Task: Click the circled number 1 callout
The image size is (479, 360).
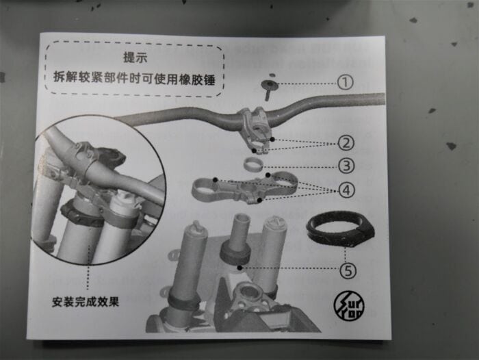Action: click(345, 83)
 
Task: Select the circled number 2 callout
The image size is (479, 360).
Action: click(346, 143)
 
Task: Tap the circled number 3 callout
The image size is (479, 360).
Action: click(346, 166)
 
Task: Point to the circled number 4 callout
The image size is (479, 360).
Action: click(347, 190)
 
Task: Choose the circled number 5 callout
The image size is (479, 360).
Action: click(348, 271)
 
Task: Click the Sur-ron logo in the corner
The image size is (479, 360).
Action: click(348, 306)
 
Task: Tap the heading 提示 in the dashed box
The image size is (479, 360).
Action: click(135, 57)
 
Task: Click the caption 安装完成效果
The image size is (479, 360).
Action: click(86, 302)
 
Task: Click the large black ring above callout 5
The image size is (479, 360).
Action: click(339, 229)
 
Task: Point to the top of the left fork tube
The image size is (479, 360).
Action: click(195, 227)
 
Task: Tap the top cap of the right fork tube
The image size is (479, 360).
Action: click(276, 222)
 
